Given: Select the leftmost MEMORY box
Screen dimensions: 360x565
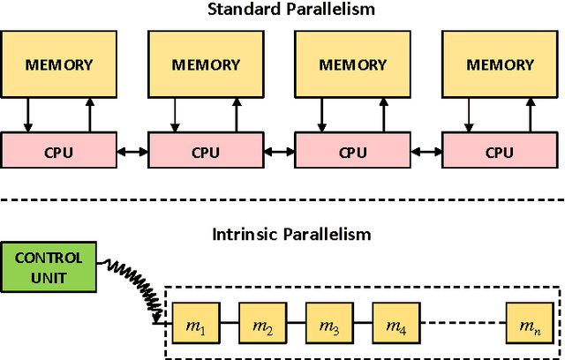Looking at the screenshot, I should [59, 65].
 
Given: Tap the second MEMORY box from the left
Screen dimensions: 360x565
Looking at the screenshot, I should [206, 65].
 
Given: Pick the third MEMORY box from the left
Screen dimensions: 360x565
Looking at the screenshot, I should [352, 65].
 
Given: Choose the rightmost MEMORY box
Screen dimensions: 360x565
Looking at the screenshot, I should [499, 65].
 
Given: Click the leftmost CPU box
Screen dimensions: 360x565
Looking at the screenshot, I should [59, 152].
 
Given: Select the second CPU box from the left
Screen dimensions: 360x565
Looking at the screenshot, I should [206, 152].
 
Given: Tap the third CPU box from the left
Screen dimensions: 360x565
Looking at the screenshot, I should [352, 152].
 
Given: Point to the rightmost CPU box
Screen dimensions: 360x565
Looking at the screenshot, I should [499, 152].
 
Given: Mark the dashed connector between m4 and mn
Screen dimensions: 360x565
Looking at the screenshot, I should [462, 323].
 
